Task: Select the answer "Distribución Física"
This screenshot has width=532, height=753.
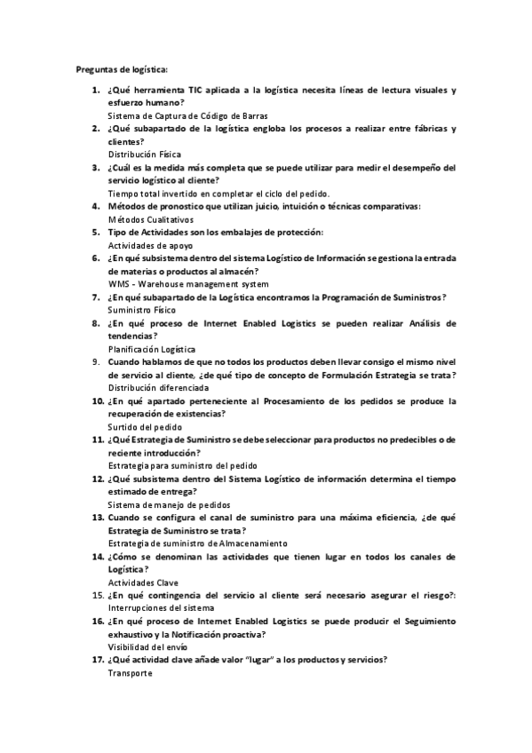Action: point(144,155)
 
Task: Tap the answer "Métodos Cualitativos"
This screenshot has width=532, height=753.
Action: point(150,218)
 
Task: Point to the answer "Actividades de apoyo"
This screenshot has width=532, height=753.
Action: point(150,245)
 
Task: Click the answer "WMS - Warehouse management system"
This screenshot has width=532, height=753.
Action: point(187,284)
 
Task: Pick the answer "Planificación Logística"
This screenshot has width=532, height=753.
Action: point(152,349)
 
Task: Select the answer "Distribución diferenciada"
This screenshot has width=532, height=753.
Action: point(158,388)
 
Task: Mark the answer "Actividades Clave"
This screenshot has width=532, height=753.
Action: point(143,583)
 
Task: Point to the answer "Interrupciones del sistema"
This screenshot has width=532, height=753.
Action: point(161,607)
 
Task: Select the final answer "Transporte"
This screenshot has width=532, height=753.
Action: point(130,673)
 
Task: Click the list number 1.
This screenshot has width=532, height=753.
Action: point(96,91)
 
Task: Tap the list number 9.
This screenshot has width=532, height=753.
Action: point(99,362)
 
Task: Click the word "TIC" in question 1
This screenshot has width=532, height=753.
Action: point(197,91)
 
